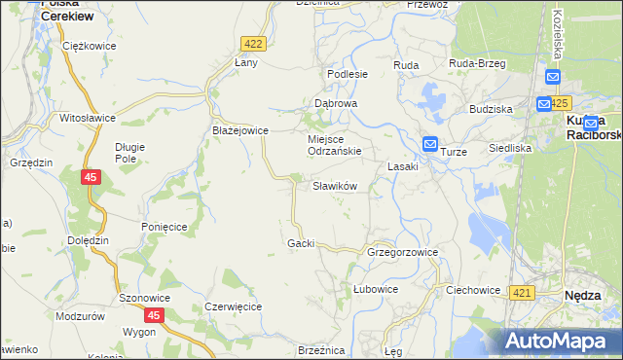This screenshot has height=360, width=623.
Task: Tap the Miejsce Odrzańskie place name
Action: tap(335, 145)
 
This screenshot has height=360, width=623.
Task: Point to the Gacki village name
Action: tap(300, 243)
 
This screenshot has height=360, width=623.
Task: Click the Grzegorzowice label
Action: tap(402, 252)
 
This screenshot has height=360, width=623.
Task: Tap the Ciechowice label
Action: tap(472, 290)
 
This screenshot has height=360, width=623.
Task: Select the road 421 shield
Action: tap(523, 293)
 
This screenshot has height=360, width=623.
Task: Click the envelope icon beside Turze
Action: tap(430, 145)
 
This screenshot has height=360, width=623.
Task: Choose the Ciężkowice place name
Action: tap(89, 46)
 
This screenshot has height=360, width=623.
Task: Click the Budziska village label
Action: tap(490, 110)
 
